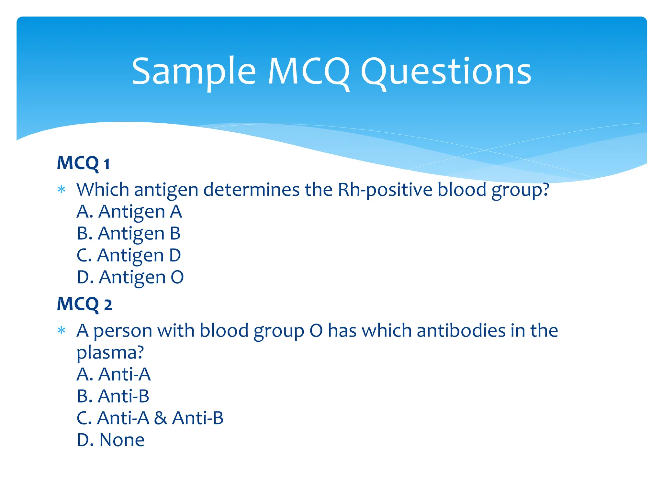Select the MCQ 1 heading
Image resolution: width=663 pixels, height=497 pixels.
[x=83, y=163]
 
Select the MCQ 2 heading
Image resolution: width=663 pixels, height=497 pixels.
[x=84, y=304]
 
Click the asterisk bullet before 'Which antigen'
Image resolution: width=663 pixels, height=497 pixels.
[x=61, y=190]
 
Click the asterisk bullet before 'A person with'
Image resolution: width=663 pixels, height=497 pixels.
[x=61, y=331]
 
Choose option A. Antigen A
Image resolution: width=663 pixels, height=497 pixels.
[x=129, y=212]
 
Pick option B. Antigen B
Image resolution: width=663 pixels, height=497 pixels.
[x=129, y=233]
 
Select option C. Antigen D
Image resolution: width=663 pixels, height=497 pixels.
[x=129, y=255]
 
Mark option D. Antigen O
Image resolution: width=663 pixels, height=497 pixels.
[x=130, y=277]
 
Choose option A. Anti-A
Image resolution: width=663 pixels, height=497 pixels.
[x=114, y=374]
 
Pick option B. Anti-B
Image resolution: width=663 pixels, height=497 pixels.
[x=113, y=396]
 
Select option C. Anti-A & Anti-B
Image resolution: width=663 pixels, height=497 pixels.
[x=150, y=418]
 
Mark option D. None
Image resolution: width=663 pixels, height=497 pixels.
[x=111, y=440]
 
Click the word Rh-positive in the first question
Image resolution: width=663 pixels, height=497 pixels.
[x=385, y=190]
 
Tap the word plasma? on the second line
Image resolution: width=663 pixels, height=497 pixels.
[x=110, y=353]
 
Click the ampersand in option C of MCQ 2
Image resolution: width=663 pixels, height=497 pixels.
[x=160, y=418]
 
